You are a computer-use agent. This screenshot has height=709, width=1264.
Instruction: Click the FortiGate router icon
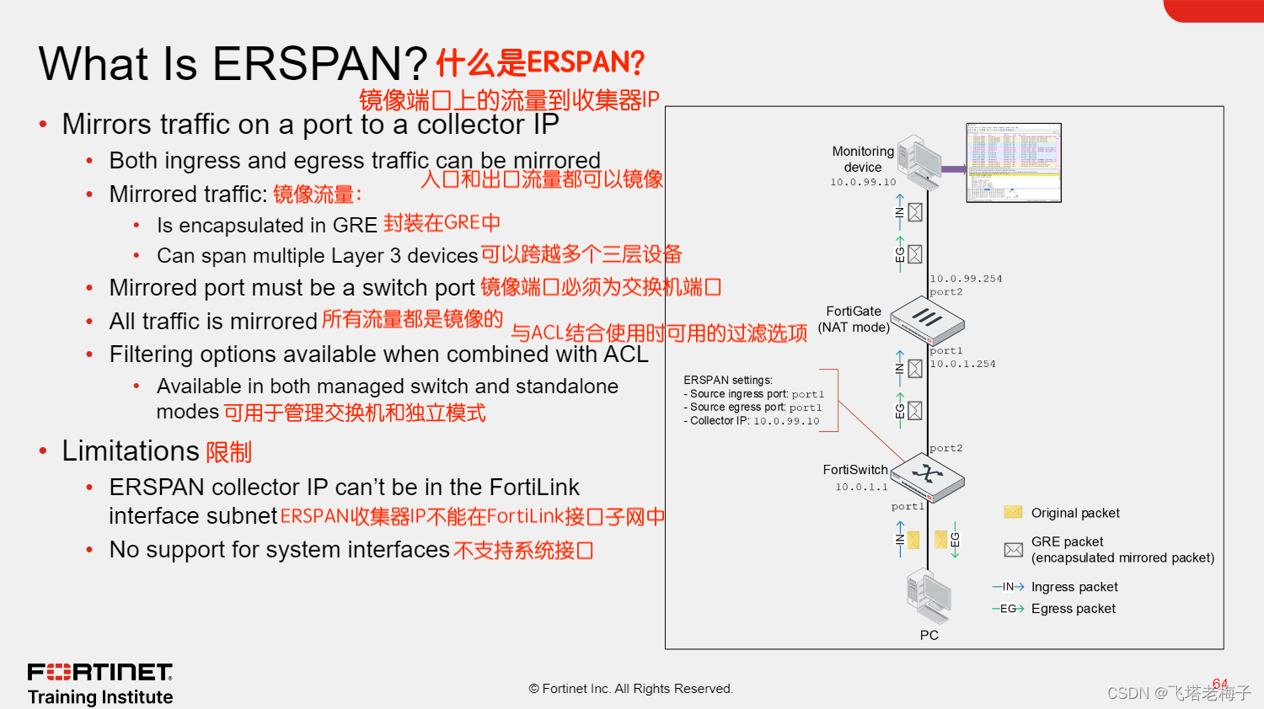click(x=927, y=319)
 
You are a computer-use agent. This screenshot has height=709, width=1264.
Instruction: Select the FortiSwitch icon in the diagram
click(x=927, y=476)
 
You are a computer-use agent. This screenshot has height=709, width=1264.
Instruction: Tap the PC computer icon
click(x=929, y=596)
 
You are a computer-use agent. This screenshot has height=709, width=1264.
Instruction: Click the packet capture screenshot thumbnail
click(x=1013, y=163)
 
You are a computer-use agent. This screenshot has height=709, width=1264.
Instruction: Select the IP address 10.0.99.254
click(x=966, y=279)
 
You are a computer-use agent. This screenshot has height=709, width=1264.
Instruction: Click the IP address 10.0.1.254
click(x=962, y=364)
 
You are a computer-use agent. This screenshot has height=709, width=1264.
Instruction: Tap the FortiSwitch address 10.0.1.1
click(x=861, y=487)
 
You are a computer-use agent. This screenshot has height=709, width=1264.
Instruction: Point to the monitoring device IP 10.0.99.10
click(x=863, y=182)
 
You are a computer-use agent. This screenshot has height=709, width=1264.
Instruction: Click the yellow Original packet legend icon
click(x=1013, y=512)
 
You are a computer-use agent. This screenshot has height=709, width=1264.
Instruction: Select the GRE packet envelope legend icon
click(x=1013, y=550)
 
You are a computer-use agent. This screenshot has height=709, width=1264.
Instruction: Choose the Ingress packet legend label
click(x=1074, y=587)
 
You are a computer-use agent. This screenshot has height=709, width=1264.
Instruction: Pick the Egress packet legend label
click(x=1073, y=609)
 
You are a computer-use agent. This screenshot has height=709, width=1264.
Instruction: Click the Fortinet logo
click(x=99, y=672)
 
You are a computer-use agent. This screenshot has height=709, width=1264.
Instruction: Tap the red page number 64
click(x=1219, y=683)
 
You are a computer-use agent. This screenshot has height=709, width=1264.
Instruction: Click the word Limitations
click(x=130, y=451)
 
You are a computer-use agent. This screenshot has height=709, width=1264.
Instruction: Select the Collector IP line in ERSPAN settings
click(x=751, y=421)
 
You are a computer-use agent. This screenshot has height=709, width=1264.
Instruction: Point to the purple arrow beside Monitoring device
click(x=953, y=169)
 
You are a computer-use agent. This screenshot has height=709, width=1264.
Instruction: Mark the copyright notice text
click(x=630, y=689)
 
